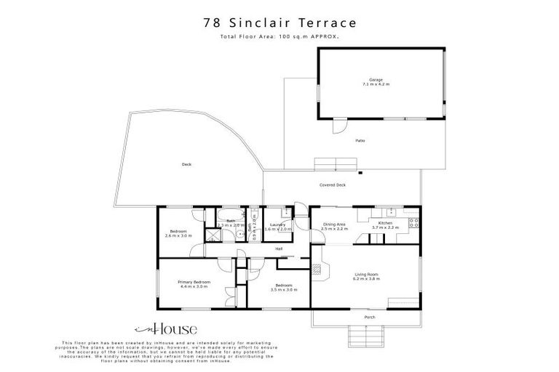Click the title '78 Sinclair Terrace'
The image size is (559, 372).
click(279, 23)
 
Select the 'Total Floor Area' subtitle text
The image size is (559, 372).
click(279, 36)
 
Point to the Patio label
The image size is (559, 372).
click(360, 140)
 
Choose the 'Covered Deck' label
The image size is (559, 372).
click(333, 185)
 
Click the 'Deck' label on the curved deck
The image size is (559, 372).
click(186, 165)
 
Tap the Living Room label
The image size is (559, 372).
click(366, 277)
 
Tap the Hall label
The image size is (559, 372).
click(279, 249)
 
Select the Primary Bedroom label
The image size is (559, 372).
click(194, 284)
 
